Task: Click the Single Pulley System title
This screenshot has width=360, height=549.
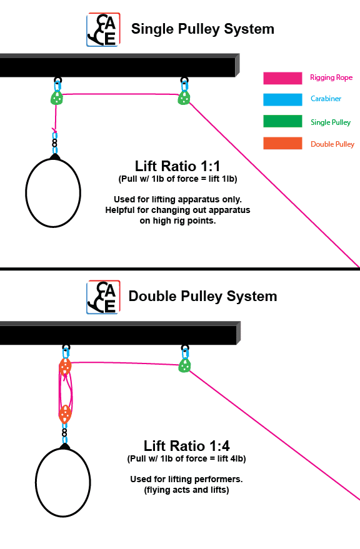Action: [202, 29]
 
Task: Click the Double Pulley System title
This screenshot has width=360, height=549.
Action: [202, 295]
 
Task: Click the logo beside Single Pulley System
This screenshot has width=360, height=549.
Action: [103, 30]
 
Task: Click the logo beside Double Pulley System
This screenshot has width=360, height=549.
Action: [103, 297]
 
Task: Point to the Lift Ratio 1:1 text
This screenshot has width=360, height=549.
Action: [177, 166]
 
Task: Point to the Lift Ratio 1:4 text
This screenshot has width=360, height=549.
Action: [186, 446]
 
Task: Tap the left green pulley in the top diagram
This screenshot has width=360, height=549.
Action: [57, 97]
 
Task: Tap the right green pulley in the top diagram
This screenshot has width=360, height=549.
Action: [184, 97]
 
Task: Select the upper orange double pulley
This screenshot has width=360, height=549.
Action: [65, 368]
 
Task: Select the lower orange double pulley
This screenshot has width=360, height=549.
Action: [65, 414]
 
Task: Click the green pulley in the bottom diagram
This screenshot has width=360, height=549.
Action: [184, 365]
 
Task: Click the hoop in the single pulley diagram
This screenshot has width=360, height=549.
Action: [53, 192]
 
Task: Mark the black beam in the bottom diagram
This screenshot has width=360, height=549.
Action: [119, 334]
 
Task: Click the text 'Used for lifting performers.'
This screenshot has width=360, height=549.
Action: [186, 480]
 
